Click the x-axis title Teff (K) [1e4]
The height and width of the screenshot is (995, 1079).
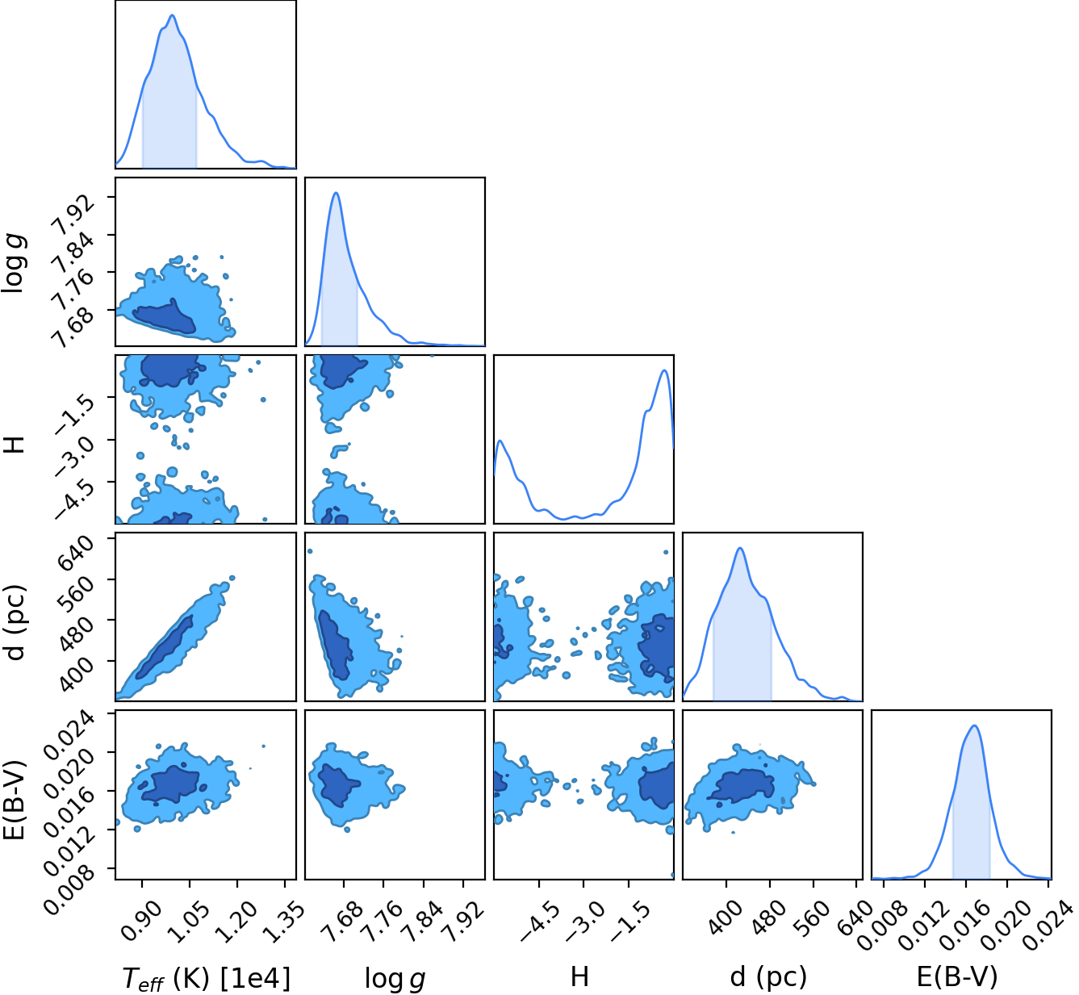coord(207,978)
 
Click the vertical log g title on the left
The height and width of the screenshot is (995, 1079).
coord(13,264)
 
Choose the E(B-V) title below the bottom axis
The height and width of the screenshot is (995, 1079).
coord(957,977)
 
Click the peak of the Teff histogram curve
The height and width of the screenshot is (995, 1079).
coord(172,15)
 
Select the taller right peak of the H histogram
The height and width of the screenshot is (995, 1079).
coord(664,370)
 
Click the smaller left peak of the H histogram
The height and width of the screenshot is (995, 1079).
coord(500,441)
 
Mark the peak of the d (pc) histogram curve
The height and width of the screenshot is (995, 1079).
coord(740,548)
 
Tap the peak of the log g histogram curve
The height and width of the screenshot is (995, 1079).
coord(337,192)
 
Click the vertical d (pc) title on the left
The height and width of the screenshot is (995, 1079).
coord(15,623)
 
